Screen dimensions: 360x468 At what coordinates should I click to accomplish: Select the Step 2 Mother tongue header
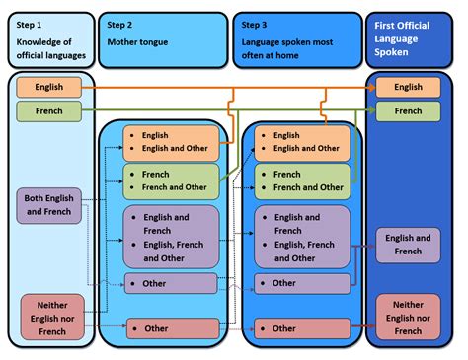point(162,40)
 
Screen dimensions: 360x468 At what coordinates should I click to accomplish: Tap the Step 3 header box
point(295,40)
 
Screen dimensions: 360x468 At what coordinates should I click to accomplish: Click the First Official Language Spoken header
point(408,40)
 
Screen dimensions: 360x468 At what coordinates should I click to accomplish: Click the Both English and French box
point(49,205)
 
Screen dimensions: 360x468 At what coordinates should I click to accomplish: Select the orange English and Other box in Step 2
point(170,143)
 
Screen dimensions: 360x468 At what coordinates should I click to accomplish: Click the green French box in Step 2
point(170,180)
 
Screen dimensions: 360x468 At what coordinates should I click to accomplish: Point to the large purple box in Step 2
point(170,237)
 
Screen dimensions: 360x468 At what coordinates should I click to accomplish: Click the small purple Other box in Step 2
point(170,284)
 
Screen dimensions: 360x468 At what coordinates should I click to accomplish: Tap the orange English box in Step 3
point(301,143)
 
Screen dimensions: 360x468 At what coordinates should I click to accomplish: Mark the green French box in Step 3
point(301,180)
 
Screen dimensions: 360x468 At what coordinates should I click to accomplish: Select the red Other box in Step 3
point(301,328)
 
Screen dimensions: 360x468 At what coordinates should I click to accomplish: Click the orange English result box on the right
point(408,88)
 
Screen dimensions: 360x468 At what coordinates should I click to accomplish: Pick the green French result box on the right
point(408,111)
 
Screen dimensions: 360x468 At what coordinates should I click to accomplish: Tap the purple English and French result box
point(408,245)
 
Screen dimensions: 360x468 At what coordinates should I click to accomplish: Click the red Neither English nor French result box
point(408,317)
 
